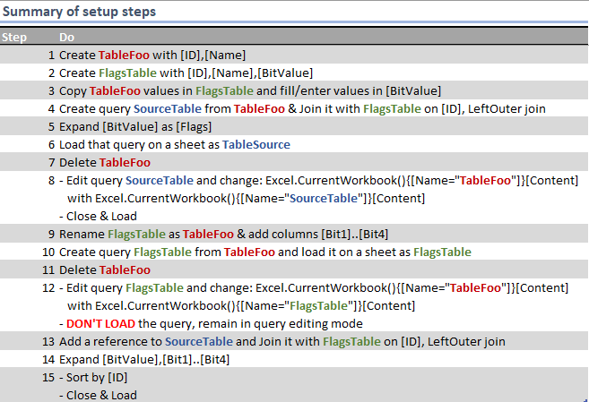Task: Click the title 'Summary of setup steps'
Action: click(x=79, y=12)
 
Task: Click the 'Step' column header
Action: click(x=14, y=38)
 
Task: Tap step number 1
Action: click(x=51, y=55)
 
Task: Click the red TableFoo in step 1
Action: click(x=126, y=55)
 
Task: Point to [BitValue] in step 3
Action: click(x=412, y=90)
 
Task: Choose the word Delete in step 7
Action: click(x=78, y=162)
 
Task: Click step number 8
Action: click(x=51, y=180)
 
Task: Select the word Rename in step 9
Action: click(x=82, y=234)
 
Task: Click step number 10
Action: click(x=48, y=252)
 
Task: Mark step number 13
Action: click(x=48, y=341)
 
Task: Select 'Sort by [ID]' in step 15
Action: click(x=98, y=377)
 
